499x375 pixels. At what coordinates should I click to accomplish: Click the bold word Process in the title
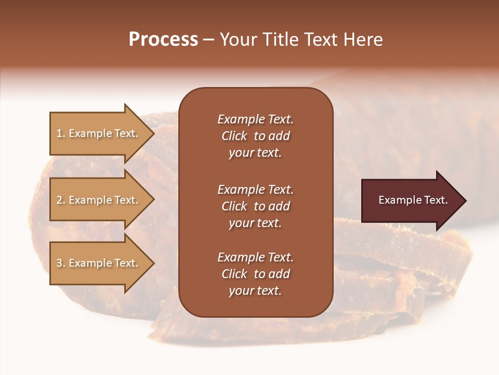tap(163, 40)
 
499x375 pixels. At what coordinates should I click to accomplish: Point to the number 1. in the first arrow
tap(61, 133)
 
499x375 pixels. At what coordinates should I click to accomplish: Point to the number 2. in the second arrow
tap(61, 200)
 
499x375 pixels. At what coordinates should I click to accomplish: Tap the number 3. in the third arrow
tap(61, 263)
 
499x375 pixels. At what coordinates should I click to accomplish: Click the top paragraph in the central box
tap(255, 136)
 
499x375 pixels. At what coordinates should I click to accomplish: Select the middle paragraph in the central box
tap(255, 206)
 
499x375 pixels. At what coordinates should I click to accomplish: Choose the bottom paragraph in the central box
tap(255, 274)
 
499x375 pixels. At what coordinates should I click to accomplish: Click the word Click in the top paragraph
tap(234, 136)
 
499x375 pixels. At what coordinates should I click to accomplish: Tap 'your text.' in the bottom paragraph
tap(255, 291)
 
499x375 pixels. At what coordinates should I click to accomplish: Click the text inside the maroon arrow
tap(413, 200)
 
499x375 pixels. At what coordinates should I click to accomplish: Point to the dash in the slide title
tap(209, 40)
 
